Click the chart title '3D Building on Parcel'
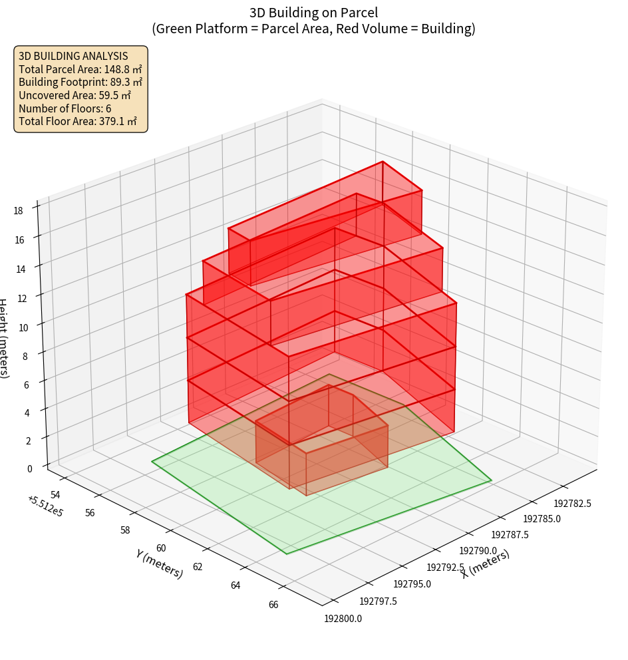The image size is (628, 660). pyautogui.click(x=314, y=12)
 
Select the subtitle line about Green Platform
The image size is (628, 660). pyautogui.click(x=314, y=29)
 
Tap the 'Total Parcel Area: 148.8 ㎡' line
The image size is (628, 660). pyautogui.click(x=80, y=69)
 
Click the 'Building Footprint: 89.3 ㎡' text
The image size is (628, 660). pyautogui.click(x=80, y=82)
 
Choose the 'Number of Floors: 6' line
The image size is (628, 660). pyautogui.click(x=65, y=108)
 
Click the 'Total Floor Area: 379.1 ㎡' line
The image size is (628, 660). pyautogui.click(x=78, y=121)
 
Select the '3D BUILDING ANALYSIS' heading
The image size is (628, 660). pyautogui.click(x=74, y=56)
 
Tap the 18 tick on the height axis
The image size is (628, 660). pyautogui.click(x=19, y=211)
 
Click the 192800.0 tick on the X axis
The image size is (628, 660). pyautogui.click(x=343, y=619)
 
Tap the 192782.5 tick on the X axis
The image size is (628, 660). pyautogui.click(x=572, y=503)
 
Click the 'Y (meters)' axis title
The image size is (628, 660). pyautogui.click(x=159, y=564)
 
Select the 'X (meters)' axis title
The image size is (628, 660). pyautogui.click(x=486, y=564)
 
